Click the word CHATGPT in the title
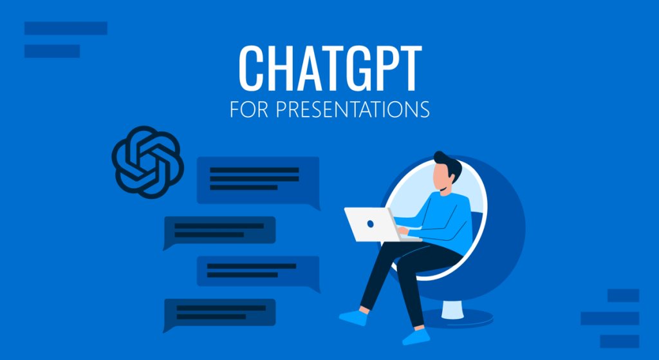coord(329,68)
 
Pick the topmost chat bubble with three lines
coord(257,180)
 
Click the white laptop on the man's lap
coord(372,223)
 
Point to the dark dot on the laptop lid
coord(371,223)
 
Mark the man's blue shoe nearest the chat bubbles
coord(353,317)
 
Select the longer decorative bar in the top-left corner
coord(66,28)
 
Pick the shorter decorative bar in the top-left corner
coord(52,51)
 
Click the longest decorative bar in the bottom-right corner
coord(609,318)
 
